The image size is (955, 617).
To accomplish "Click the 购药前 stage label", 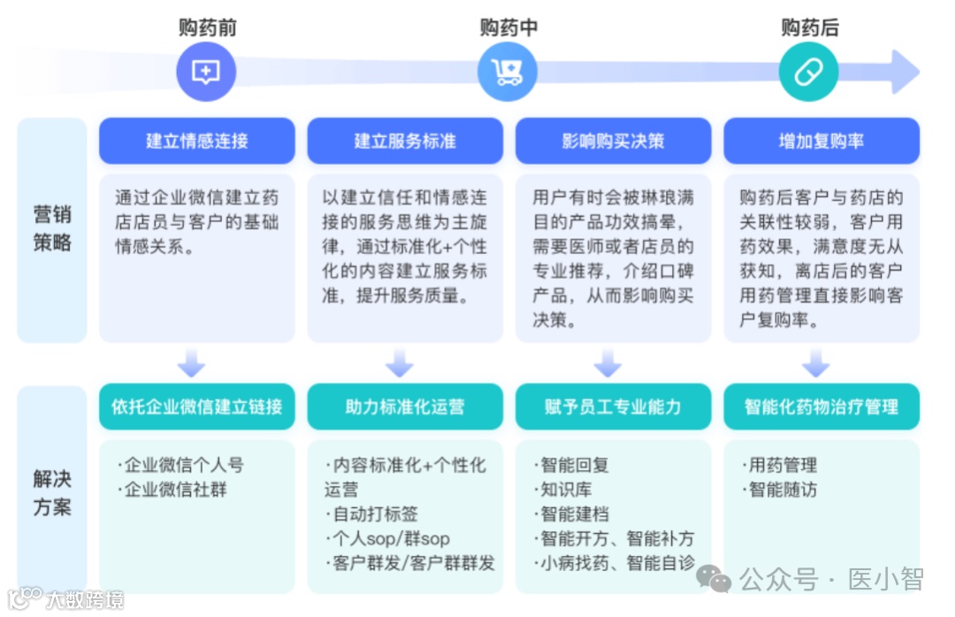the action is click(207, 27).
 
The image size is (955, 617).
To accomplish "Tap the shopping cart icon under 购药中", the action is click(508, 72).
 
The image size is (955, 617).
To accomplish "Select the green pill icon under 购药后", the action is click(808, 72).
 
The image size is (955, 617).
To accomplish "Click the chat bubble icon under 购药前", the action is click(206, 72).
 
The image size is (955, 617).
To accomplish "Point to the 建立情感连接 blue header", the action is click(196, 141).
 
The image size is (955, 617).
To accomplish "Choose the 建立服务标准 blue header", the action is click(405, 141).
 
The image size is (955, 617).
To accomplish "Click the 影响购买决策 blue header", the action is click(613, 141).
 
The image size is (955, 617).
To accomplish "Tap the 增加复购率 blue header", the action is click(821, 141).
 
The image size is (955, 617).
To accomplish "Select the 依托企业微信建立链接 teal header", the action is click(196, 406).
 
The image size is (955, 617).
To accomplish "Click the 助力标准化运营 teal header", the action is click(405, 406).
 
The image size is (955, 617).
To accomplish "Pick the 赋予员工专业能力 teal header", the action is click(613, 406).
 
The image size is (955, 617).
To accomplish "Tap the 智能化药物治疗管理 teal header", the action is click(821, 406).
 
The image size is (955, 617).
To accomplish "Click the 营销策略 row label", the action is click(52, 228).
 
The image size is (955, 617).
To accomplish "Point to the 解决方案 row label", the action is click(52, 493).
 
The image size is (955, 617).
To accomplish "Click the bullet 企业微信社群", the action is click(175, 489).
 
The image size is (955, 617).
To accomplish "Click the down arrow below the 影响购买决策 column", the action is click(607, 363).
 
